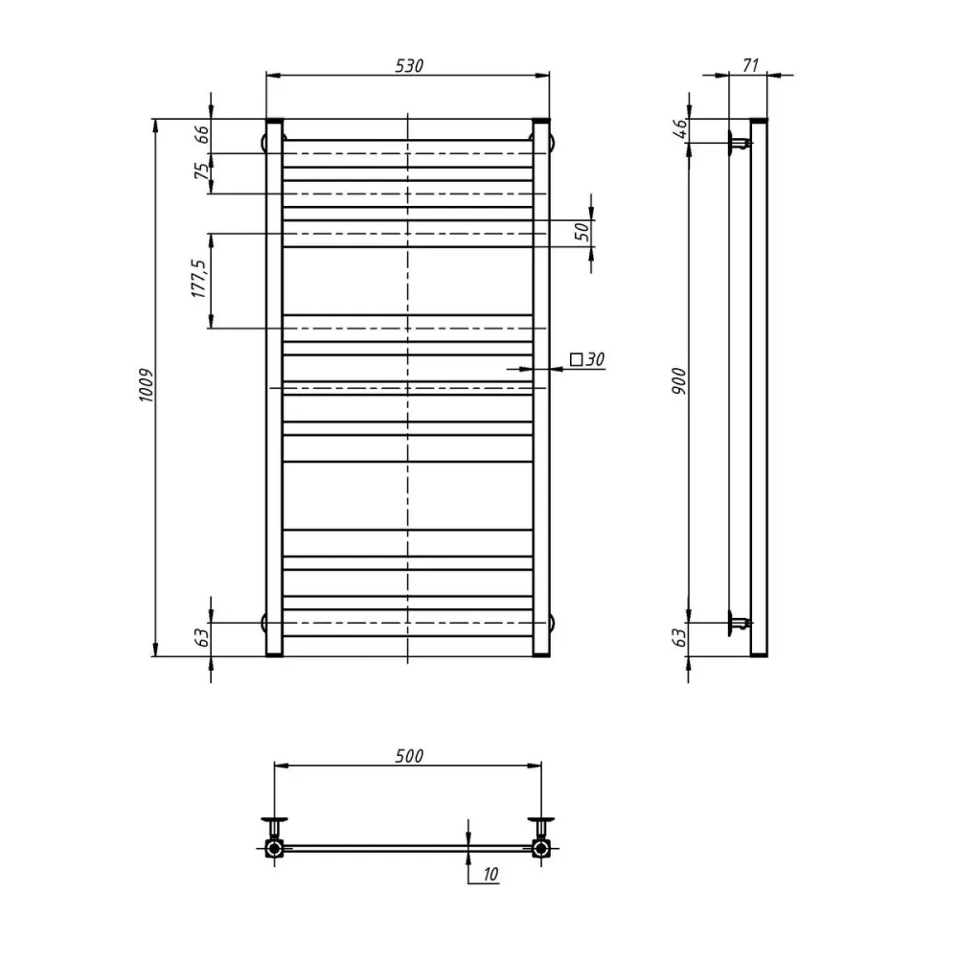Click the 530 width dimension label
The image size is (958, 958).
click(409, 65)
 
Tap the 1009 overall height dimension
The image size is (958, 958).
click(147, 385)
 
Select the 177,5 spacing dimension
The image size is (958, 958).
click(199, 279)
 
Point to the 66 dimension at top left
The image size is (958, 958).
click(202, 134)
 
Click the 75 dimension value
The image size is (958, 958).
click(202, 171)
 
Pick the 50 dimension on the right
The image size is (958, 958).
click(582, 231)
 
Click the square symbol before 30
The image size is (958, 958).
click(576, 359)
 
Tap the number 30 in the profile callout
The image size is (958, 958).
click(595, 359)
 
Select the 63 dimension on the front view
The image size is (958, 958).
click(202, 637)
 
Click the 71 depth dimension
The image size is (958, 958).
click(750, 65)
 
